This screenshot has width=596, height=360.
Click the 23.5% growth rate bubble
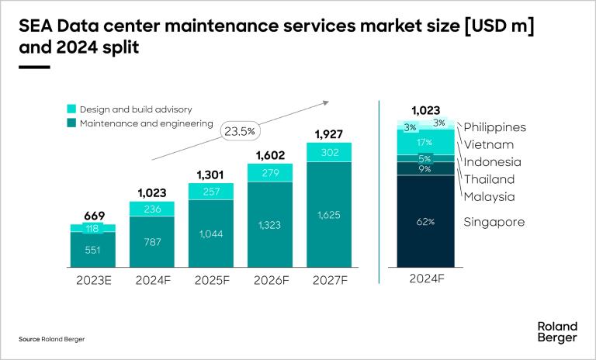[x=240, y=131]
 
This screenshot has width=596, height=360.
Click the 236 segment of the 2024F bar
[x=152, y=208]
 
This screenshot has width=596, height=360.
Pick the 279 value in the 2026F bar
[x=269, y=172]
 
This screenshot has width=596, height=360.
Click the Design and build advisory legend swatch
[x=71, y=109]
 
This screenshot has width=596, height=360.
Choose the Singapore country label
[x=494, y=223]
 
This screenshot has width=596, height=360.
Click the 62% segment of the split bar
[x=425, y=221]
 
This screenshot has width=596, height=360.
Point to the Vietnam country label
[x=489, y=144]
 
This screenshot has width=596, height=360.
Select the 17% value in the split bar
[x=425, y=142]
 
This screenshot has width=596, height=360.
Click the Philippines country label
[x=495, y=127]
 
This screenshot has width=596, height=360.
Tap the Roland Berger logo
[x=557, y=332]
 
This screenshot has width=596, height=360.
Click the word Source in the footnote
[x=29, y=340]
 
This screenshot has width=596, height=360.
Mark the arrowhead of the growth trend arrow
[x=327, y=102]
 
